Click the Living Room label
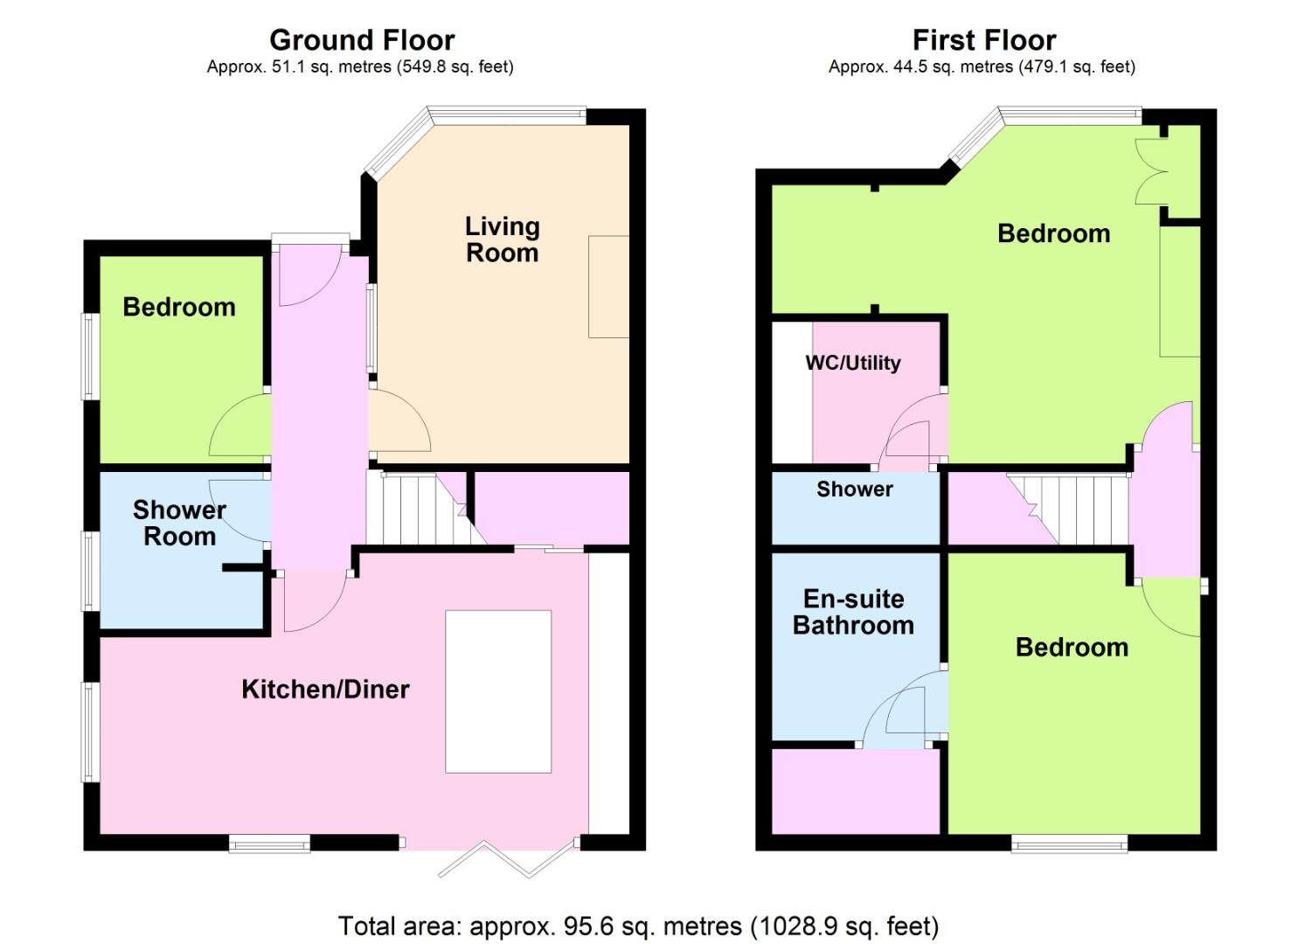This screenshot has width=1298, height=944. click(503, 239)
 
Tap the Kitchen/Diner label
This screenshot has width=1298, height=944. click(325, 690)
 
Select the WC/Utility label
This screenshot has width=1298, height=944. click(853, 363)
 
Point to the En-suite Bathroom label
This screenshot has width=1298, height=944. click(854, 612)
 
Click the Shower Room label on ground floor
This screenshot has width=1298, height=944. click(179, 524)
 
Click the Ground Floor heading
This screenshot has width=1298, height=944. click(362, 40)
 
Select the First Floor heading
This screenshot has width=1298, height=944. click(984, 40)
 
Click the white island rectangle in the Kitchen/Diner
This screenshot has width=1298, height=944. click(498, 691)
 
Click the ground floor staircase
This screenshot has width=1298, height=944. click(426, 509)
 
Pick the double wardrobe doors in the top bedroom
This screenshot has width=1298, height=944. click(1152, 171)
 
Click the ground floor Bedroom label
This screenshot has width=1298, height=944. click(179, 307)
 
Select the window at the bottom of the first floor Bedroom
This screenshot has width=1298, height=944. click(1070, 843)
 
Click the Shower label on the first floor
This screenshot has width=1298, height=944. click(855, 489)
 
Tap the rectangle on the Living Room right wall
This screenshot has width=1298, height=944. click(609, 287)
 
